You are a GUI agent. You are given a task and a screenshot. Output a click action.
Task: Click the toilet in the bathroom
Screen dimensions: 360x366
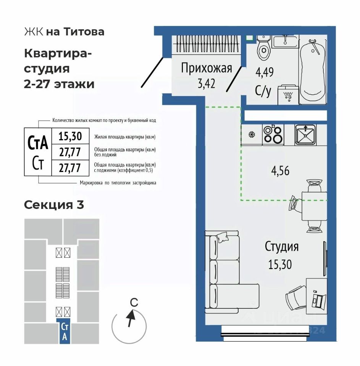pyautogui.click(x=263, y=48)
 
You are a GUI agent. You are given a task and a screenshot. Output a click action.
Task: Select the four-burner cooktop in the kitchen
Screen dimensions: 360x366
pyautogui.click(x=273, y=135)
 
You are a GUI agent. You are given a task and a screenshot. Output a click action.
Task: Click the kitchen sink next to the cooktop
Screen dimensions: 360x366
pyautogui.click(x=305, y=135)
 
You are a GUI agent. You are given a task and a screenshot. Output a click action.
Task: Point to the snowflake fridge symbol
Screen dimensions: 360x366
pyautogui.click(x=252, y=135)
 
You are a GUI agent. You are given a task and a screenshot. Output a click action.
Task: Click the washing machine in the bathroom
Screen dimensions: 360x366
pyautogui.click(x=288, y=95)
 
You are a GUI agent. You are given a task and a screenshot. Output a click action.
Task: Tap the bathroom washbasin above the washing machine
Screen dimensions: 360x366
pyautogui.click(x=285, y=42)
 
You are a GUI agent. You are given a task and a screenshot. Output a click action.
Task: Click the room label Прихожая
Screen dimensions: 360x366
pyautogui.click(x=207, y=68)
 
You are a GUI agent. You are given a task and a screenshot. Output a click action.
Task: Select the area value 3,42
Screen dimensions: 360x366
pyautogui.click(x=207, y=83)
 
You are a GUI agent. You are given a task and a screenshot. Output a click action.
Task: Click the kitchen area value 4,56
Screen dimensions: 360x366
pyautogui.click(x=280, y=171)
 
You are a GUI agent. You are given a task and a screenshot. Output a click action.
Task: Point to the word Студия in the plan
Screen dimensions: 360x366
pyautogui.click(x=282, y=247)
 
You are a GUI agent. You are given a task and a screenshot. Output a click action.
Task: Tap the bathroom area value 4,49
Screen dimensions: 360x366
pyautogui.click(x=265, y=72)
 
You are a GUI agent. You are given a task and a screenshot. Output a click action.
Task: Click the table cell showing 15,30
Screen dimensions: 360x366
pyautogui.click(x=70, y=136)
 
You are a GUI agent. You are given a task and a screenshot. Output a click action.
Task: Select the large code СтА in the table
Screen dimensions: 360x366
pyautogui.click(x=38, y=143)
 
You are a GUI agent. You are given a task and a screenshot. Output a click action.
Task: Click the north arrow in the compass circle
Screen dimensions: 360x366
pyautogui.click(x=131, y=318)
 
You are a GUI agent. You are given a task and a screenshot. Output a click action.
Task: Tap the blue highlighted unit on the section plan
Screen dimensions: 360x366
pyautogui.click(x=65, y=331)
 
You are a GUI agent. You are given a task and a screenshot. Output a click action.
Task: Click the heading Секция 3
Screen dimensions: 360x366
pyautogui.click(x=54, y=205)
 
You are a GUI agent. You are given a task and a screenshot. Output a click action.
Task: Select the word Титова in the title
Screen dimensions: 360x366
pyautogui.click(x=84, y=32)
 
